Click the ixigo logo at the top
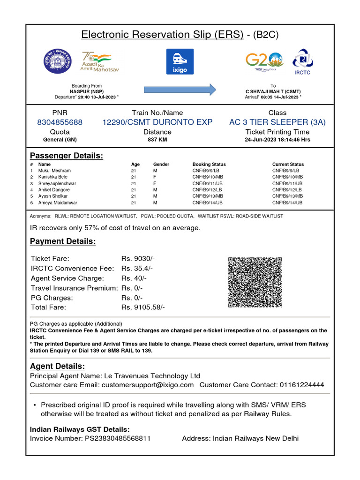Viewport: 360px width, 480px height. (180, 61)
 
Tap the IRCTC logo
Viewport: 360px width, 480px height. (302, 61)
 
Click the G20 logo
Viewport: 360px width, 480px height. (264, 61)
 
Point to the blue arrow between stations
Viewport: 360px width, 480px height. (180, 89)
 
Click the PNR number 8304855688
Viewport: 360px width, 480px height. (60, 122)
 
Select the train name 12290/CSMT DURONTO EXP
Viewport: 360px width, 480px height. (157, 122)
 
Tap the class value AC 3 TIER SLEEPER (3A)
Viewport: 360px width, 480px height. (277, 122)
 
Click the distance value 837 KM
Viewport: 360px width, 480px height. (157, 140)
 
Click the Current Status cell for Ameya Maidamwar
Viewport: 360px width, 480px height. (287, 203)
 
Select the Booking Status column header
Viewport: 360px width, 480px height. (209, 165)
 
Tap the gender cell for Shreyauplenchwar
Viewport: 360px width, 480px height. (155, 184)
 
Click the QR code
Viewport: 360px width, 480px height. (255, 282)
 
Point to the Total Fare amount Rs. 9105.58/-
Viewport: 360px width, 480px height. (143, 307)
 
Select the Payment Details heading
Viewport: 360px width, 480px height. (63, 241)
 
